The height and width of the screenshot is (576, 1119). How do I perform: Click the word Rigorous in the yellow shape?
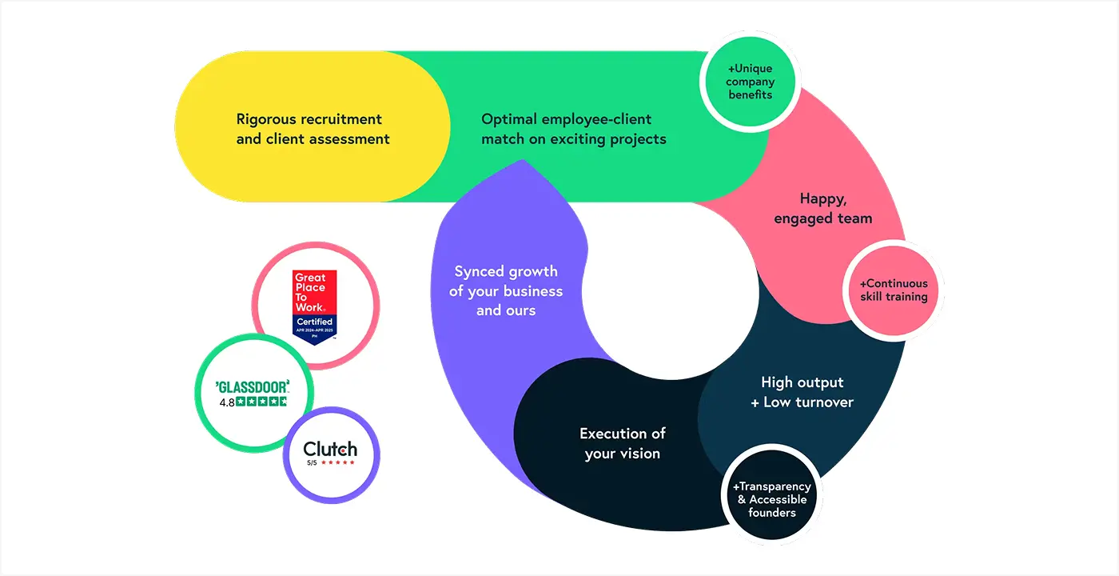click(267, 119)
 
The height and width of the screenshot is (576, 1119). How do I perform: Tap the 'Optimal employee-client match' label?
click(573, 129)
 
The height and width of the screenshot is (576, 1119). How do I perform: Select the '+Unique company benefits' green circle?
click(751, 82)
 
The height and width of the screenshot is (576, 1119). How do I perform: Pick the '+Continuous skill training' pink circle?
click(894, 290)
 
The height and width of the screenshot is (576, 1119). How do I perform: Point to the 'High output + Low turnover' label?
click(802, 392)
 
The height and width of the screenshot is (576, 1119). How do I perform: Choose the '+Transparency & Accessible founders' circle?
click(771, 499)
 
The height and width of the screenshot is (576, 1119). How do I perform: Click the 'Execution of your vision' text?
click(622, 443)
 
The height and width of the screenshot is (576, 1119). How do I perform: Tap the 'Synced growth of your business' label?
click(505, 290)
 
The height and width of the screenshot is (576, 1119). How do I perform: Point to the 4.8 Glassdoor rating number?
click(227, 402)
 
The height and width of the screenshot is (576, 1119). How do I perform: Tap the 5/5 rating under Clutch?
click(312, 462)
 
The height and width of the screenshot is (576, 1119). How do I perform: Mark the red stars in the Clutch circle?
click(337, 462)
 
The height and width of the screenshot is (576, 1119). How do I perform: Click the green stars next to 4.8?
click(261, 402)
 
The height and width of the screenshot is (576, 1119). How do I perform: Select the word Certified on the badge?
click(314, 322)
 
